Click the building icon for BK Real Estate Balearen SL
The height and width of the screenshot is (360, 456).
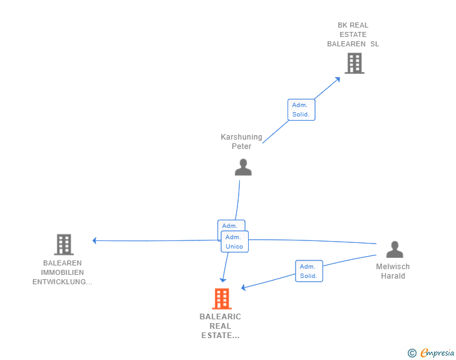[355, 63]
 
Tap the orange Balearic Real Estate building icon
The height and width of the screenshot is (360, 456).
[222, 299]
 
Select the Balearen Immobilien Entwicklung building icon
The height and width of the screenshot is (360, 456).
[64, 245]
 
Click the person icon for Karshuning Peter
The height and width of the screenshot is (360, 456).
[243, 167]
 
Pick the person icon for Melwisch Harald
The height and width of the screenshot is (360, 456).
[395, 250]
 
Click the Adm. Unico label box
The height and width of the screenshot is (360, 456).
[235, 242]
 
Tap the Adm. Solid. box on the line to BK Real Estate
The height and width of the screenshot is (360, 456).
[301, 110]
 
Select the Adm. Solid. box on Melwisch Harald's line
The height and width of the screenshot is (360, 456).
[309, 271]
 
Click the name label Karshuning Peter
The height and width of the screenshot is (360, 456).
[241, 141]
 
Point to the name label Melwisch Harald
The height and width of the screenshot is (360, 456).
[393, 271]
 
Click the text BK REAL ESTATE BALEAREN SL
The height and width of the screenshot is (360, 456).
[353, 34]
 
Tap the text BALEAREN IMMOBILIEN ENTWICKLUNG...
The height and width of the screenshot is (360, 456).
[62, 272]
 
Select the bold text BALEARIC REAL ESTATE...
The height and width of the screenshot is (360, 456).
[220, 326]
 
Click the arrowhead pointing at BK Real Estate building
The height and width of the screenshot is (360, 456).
[338, 79]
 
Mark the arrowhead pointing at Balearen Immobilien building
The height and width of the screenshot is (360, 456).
[94, 240]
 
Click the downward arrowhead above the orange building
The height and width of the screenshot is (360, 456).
[223, 280]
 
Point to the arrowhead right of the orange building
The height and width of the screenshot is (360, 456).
[244, 287]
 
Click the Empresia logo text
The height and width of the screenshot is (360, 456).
[437, 352]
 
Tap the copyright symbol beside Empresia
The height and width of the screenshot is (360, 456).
[412, 353]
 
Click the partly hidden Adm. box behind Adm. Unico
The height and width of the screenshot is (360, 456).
[232, 225]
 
